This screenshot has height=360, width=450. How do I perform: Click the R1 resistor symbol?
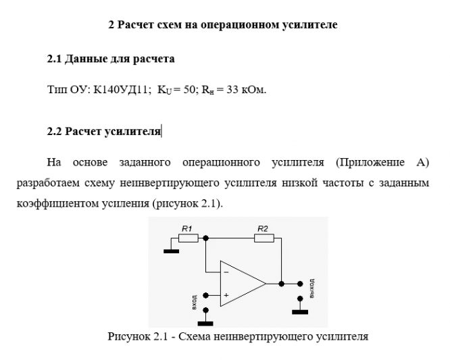tap(189, 238)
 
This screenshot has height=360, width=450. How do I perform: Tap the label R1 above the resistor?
tap(187, 228)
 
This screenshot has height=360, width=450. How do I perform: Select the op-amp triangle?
tap(240, 283)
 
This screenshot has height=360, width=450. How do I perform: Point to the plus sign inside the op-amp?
tap(226, 295)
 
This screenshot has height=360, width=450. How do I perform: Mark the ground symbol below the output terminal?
tap(299, 311)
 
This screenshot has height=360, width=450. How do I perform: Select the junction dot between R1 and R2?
tap(205, 238)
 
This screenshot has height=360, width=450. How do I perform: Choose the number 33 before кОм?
tap(226, 89)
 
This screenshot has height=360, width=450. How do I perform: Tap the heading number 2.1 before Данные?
tap(54, 59)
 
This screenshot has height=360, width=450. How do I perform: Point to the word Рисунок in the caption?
tap(126, 336)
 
